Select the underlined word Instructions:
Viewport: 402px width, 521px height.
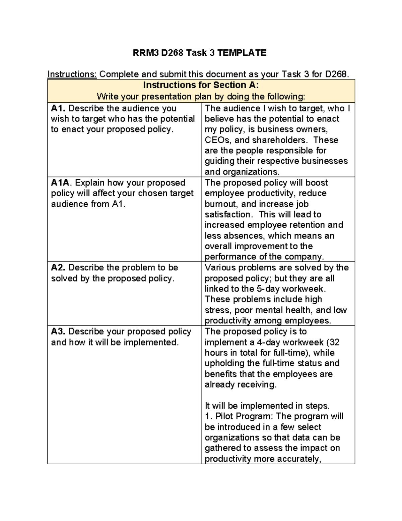(72, 74)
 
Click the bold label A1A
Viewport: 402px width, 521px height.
(60, 183)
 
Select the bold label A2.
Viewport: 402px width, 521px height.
(58, 267)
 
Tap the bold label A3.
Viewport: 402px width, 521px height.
(58, 331)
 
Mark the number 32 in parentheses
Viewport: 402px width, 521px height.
(334, 342)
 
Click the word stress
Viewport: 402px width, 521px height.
(217, 310)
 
